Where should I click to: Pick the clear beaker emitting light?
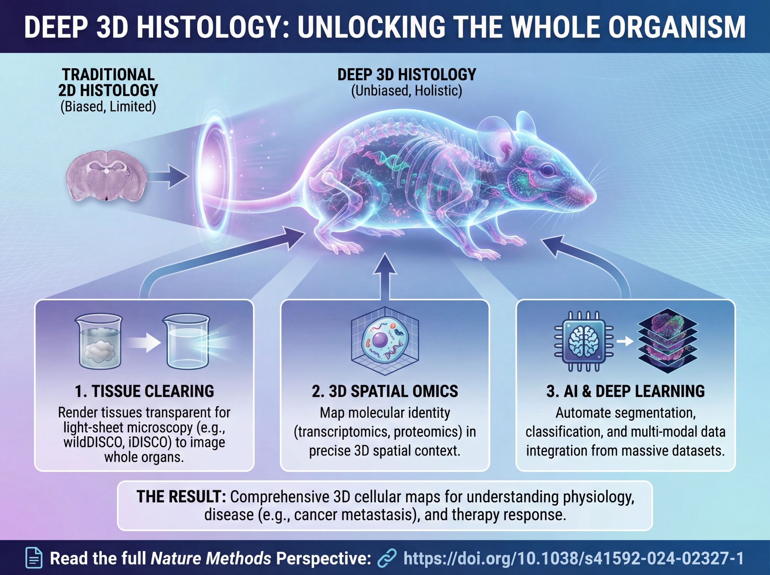187,341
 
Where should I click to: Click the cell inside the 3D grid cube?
385,341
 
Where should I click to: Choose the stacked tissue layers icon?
668,340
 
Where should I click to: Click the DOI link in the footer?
574,558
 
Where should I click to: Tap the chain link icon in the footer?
387,558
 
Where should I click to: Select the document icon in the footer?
34,558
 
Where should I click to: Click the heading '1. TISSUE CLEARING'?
144,391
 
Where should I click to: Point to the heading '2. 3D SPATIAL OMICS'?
385,391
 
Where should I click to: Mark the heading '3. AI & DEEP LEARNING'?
626,391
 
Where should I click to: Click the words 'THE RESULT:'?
181,497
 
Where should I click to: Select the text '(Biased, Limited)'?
108,107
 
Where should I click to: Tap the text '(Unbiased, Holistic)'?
407,91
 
